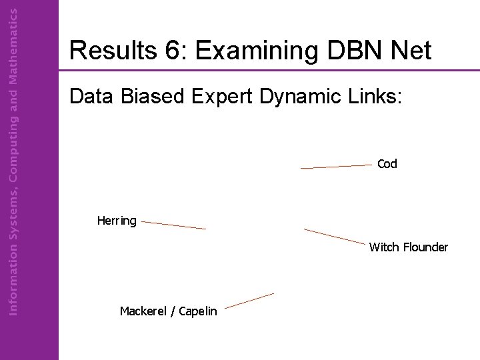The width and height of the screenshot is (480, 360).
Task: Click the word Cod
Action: pos(387,164)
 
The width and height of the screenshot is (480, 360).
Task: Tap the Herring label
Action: pos(117,221)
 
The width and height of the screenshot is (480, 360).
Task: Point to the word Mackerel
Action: pos(143,311)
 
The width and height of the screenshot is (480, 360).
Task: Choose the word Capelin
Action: pos(198,311)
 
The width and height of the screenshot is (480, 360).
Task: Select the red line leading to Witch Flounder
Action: pos(333,236)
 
